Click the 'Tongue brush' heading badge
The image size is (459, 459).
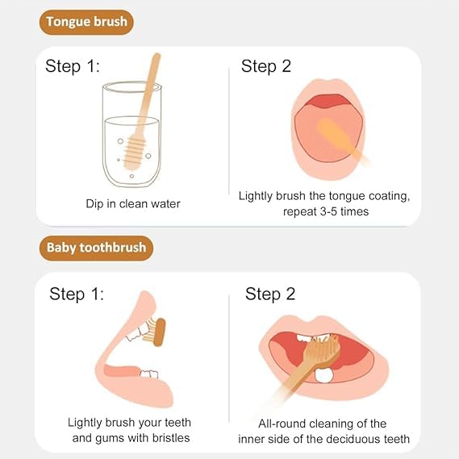point(86,22)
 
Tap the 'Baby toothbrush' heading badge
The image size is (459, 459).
point(96,247)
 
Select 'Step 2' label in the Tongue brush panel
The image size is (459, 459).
point(266,66)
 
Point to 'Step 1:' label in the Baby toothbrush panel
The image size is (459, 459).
point(77,294)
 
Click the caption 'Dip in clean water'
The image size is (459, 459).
point(133,204)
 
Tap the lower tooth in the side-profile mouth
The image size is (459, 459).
point(148,373)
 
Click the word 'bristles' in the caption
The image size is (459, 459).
point(169,438)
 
